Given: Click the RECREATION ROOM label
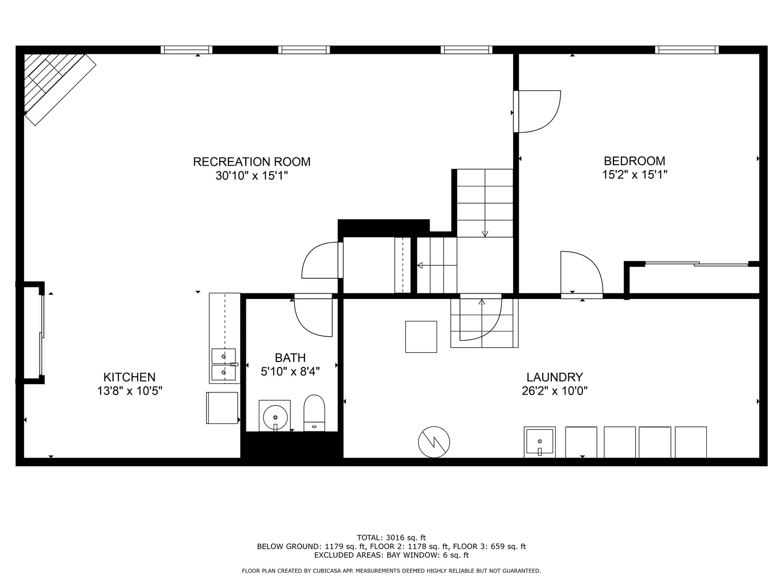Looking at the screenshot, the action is pos(252,162).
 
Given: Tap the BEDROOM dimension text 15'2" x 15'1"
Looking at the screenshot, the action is pos(635,174).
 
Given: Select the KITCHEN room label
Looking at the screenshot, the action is pos(129,377).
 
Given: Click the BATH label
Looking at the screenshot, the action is pos(290,358).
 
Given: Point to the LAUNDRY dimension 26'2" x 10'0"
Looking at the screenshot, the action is pos(555,391).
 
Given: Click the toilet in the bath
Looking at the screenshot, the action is pos(314,413).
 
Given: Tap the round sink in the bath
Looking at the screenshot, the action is pos(275,417).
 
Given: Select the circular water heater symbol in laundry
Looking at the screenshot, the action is pos(434,442).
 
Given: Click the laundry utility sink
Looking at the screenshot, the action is pos(540,442).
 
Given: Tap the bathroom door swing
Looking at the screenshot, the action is pos(313,316).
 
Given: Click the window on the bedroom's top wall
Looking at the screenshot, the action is pos(687,50).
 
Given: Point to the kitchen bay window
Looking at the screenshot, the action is pos(42,335).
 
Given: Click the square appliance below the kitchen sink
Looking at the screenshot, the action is pos(222,408).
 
